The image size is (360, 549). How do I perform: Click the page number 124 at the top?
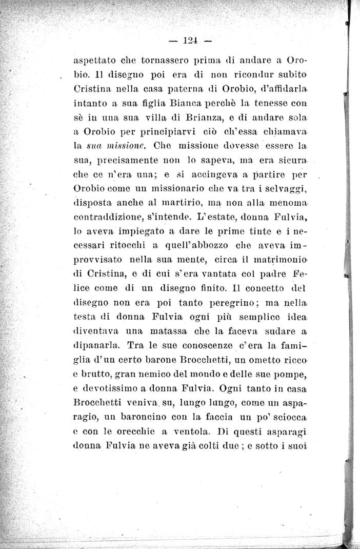190,41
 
